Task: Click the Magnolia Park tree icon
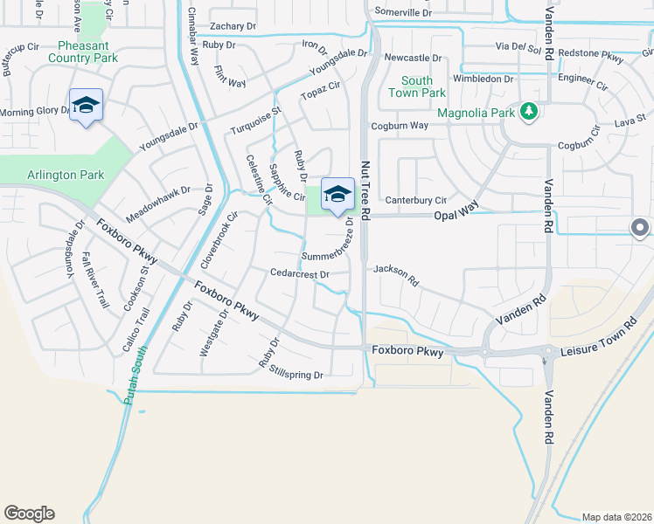527,111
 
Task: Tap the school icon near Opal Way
337,194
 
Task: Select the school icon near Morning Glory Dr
86,105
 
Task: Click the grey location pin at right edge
639,228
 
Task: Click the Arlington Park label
66,175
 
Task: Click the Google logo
29,514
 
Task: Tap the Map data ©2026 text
616,517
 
